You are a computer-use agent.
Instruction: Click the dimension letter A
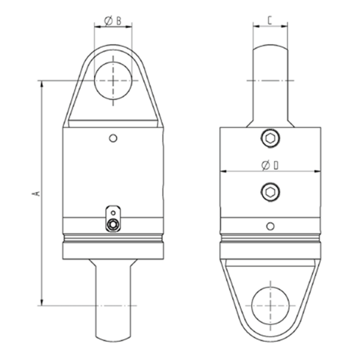(x=35, y=193)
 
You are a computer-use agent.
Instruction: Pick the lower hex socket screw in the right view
(x=271, y=193)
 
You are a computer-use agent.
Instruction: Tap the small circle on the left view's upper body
(x=112, y=137)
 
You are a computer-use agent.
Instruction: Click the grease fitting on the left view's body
(x=112, y=224)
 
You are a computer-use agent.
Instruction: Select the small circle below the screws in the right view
(x=271, y=226)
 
